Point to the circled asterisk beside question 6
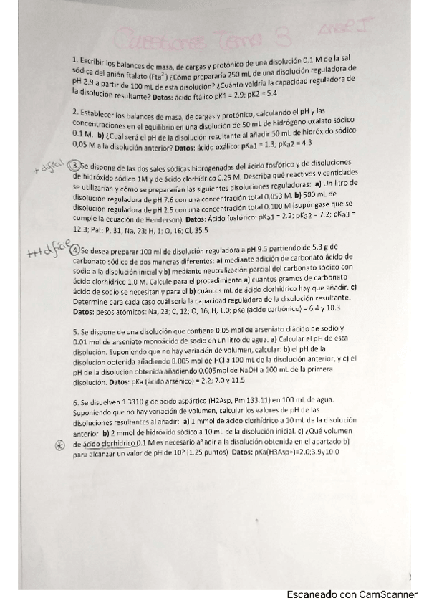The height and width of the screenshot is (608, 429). coord(59,445)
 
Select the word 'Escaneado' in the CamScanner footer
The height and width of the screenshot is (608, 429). coord(311,594)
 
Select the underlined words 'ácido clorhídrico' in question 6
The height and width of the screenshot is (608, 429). coord(100,445)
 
